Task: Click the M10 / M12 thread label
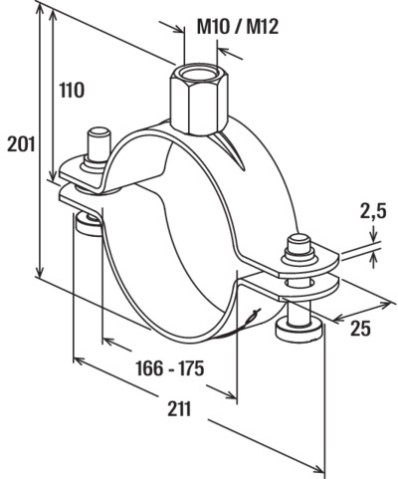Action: click(x=238, y=27)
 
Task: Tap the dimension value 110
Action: click(x=72, y=90)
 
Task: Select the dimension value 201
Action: click(x=21, y=144)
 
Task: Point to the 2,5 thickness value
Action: click(x=373, y=212)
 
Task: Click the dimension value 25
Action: click(x=360, y=329)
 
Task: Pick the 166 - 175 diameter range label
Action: click(x=170, y=368)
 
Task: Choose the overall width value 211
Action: click(x=179, y=408)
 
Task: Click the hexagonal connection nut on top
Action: click(x=195, y=100)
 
